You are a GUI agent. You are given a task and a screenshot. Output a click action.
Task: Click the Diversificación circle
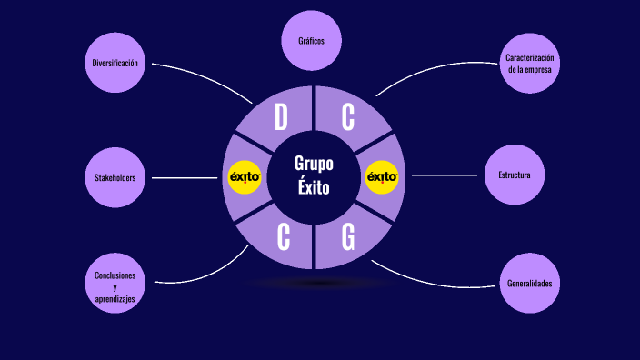115,63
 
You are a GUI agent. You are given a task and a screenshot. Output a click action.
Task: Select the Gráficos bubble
311,41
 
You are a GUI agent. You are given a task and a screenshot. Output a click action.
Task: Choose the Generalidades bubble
529,283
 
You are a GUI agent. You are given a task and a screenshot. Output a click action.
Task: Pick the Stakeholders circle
115,177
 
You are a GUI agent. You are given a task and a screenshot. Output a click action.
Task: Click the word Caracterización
529,57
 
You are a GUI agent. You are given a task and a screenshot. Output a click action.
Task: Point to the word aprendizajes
115,298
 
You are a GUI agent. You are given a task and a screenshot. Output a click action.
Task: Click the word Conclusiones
115,275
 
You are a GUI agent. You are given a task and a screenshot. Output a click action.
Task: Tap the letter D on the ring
281,117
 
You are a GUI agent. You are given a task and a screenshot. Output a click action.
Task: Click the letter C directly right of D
348,117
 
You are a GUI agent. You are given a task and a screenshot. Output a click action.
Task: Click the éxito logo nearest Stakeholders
245,177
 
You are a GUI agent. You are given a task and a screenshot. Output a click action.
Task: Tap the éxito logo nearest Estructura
382,177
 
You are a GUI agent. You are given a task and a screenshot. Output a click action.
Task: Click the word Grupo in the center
314,164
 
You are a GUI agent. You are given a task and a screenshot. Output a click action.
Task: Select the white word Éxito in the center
314,189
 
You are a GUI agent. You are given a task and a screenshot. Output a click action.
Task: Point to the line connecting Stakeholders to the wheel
186,178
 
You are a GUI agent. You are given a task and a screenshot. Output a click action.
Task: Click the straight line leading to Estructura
444,175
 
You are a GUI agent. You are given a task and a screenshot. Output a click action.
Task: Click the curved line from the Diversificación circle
205,71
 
